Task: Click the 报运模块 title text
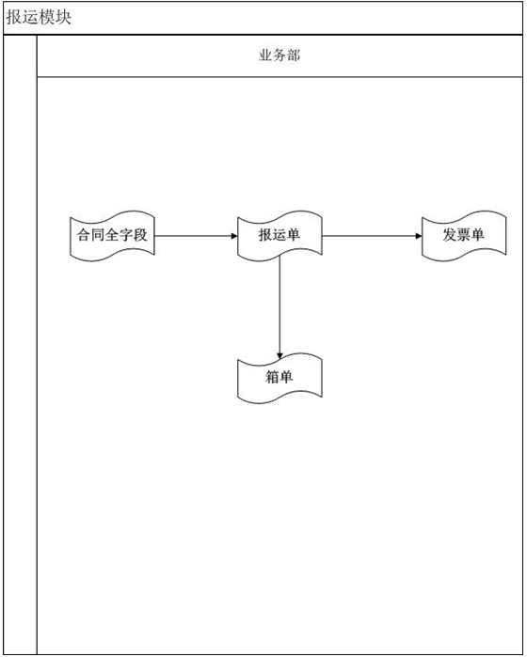[39, 17]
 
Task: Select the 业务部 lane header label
[279, 55]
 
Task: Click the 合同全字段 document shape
[112, 236]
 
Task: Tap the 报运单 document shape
[279, 236]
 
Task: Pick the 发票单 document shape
[464, 236]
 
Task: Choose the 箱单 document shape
[279, 379]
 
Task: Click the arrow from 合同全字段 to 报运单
[196, 236]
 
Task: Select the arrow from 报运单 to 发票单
[372, 236]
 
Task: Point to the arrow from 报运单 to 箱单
[279, 308]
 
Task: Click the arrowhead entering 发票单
[419, 236]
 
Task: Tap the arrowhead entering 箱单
[279, 356]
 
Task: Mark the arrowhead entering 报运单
[234, 236]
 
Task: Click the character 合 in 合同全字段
[84, 235]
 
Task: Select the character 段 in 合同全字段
[140, 235]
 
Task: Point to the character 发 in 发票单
[450, 235]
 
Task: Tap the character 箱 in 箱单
[272, 377]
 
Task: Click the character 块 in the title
[63, 17]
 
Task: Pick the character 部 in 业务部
[294, 55]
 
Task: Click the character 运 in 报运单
[279, 235]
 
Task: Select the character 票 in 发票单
[464, 235]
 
